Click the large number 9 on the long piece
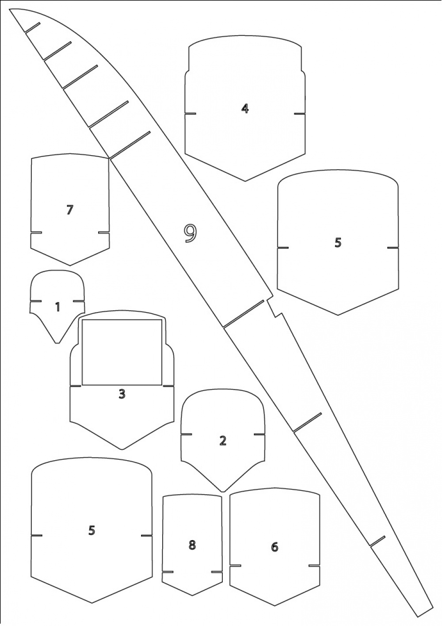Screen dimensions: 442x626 (x=191, y=233)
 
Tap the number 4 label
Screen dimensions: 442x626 (x=245, y=108)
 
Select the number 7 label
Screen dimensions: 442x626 (x=70, y=210)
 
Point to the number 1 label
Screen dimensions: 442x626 (x=57, y=307)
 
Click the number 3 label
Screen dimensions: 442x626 (x=122, y=394)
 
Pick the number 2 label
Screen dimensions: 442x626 (x=223, y=441)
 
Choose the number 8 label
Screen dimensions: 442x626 (x=192, y=537)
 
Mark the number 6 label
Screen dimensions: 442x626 (x=274, y=539)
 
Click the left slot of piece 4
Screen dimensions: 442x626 (x=191, y=114)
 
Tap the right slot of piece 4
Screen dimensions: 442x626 (x=300, y=114)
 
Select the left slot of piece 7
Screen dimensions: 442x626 (x=36, y=233)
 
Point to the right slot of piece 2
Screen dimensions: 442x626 (x=259, y=434)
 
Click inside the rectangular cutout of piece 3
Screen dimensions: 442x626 (x=122, y=352)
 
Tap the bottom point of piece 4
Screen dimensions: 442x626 (x=245, y=181)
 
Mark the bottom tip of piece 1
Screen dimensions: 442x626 (x=57, y=343)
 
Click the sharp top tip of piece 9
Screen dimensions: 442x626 (x=9, y=9)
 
